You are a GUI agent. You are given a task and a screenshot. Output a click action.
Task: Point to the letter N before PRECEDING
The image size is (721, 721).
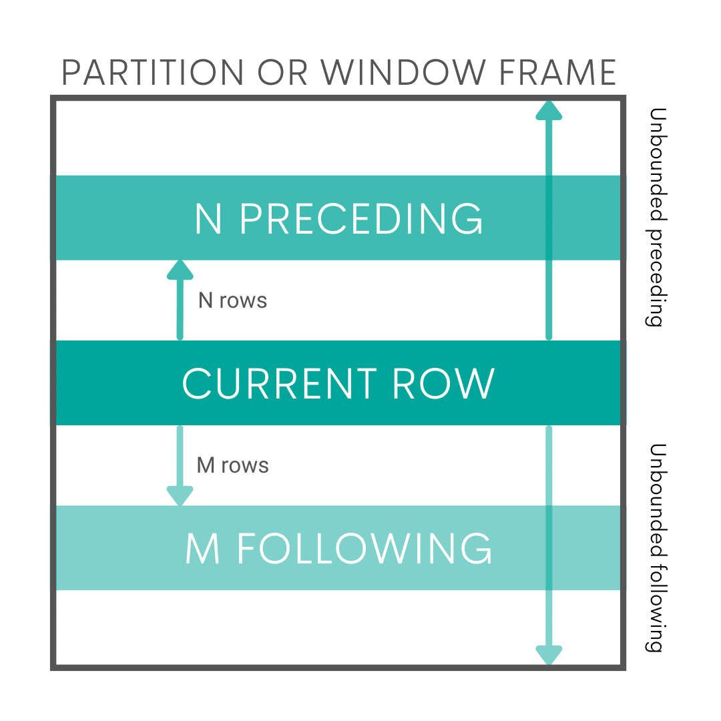point(208,218)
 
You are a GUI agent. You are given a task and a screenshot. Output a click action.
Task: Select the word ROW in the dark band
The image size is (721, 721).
point(443,384)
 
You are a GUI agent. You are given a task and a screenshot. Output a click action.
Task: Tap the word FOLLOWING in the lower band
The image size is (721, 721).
point(365,549)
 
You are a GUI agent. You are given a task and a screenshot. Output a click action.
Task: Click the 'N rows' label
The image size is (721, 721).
point(232,300)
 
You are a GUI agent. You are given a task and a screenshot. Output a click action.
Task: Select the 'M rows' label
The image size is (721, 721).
point(232,465)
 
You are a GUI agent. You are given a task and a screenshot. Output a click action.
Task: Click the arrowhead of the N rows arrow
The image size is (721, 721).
point(180,270)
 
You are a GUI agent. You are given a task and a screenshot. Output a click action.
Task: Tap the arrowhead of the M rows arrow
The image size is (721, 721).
point(180,496)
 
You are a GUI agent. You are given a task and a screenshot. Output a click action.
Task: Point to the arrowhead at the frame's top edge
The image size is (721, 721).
point(549,111)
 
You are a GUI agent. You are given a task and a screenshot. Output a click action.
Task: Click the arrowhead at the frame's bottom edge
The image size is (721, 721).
point(549,655)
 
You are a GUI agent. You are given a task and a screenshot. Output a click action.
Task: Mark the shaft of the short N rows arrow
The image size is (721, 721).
point(180,310)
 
